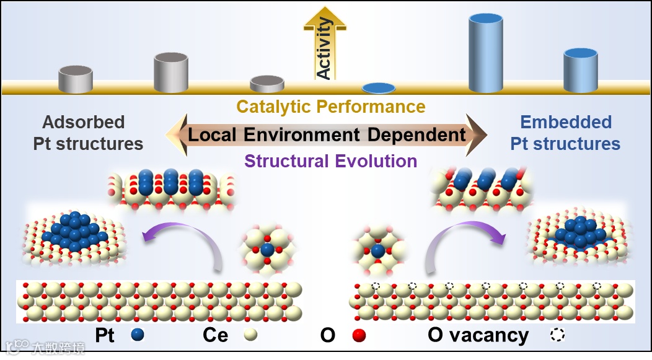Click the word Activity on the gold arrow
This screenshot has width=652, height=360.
tap(324, 49)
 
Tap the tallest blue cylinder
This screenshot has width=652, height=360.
tap(486, 53)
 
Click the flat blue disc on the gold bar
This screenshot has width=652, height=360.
tap(379, 88)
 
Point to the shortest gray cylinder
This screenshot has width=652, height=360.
tap(267, 84)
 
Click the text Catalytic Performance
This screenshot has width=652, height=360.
tap(331, 107)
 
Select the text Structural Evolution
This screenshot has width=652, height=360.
tap(330, 161)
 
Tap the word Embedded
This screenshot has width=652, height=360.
tap(565, 122)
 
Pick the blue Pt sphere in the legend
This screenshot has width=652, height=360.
tap(138, 335)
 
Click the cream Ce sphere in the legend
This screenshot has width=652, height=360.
tap(250, 335)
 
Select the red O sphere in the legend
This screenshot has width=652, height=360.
tap(358, 335)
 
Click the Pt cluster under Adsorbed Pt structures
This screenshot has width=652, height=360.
tap(73, 231)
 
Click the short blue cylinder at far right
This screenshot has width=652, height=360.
tap(580, 70)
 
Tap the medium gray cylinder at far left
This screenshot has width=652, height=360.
tap(76, 79)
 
